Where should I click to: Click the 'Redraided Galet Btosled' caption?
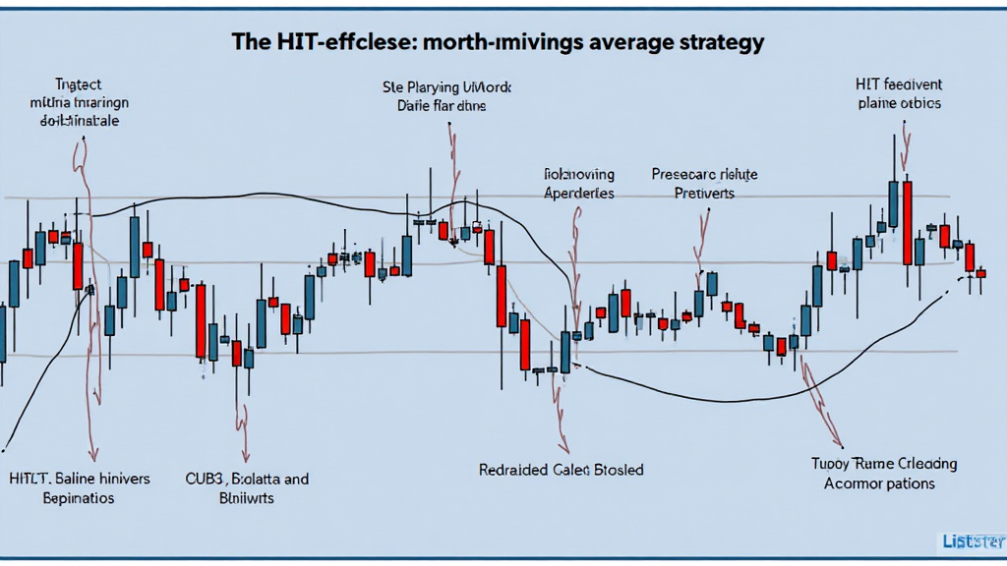(561, 470)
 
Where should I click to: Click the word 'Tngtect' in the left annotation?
(78, 85)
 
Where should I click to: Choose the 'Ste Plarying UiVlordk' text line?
(446, 86)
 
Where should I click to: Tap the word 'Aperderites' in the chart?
(578, 194)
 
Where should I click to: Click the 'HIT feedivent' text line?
(899, 85)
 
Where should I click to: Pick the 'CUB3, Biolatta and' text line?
(247, 480)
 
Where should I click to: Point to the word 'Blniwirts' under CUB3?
(245, 498)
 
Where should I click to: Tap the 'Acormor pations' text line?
(879, 483)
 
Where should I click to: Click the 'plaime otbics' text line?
(899, 103)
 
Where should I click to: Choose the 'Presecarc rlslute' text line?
(704, 175)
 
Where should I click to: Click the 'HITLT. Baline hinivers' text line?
(80, 480)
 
